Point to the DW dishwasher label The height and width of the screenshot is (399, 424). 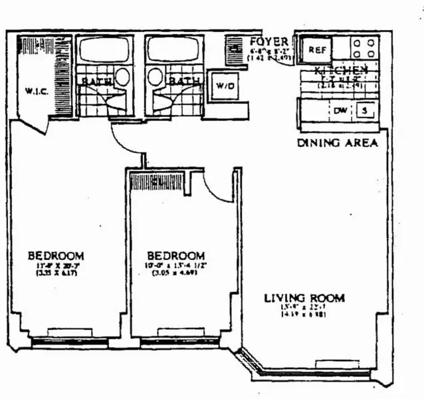[340, 111]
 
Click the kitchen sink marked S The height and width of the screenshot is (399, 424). [364, 111]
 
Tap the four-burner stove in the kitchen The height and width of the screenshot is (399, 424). [364, 49]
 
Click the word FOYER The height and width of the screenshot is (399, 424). [268, 42]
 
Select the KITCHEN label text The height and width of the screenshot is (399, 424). [341, 70]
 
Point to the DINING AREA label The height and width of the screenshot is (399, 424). [338, 142]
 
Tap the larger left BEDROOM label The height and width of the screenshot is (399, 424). [56, 255]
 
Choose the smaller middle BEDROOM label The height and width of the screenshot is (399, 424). [175, 255]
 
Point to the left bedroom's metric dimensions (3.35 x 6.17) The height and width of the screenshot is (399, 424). [56, 273]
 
